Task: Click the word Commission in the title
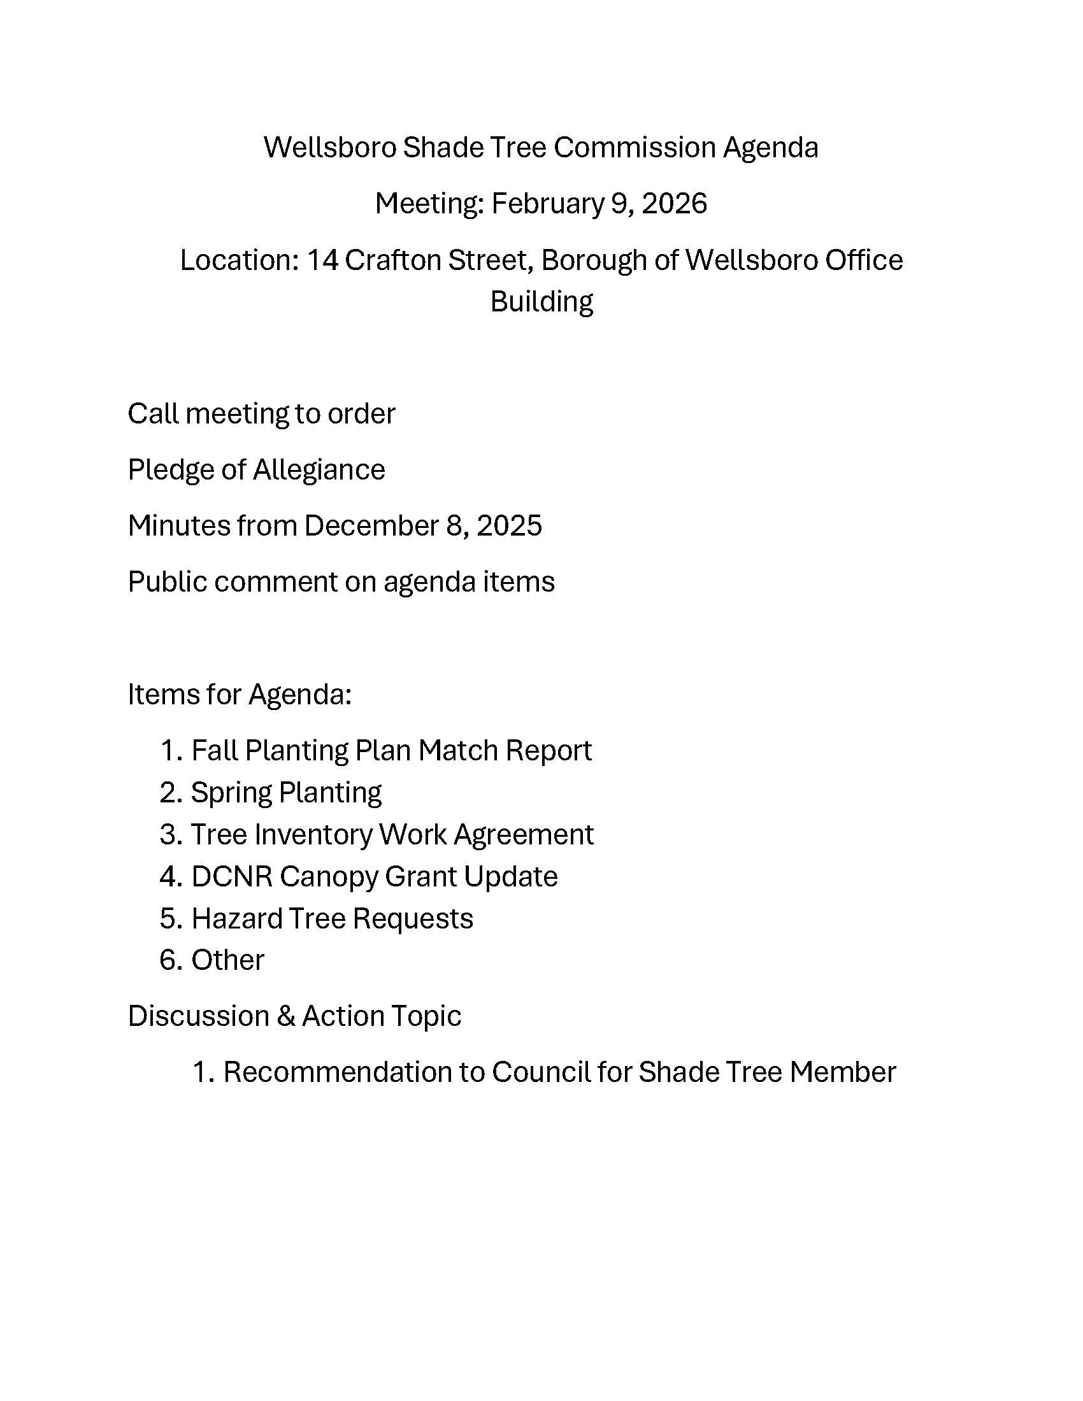point(634,148)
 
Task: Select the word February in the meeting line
point(547,204)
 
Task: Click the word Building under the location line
point(541,301)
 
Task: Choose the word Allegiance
point(319,469)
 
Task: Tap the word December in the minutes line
point(370,526)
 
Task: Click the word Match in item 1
point(457,751)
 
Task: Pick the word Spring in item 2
point(231,793)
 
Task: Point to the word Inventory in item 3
point(312,835)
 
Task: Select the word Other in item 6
point(227,960)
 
